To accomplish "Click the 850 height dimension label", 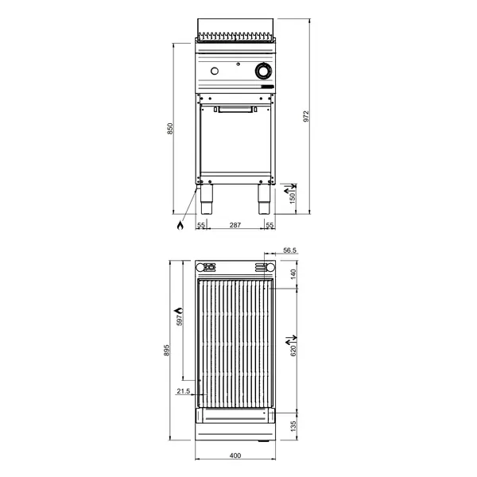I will click(x=168, y=130).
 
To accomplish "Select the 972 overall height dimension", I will click(x=305, y=116).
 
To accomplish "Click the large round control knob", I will click(x=262, y=73).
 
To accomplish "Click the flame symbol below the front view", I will click(x=180, y=227).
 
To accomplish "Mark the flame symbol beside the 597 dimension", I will click(x=178, y=309).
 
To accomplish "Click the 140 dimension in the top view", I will click(x=293, y=273).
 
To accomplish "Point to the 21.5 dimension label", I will click(x=184, y=391).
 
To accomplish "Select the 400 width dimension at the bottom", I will click(x=235, y=456).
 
